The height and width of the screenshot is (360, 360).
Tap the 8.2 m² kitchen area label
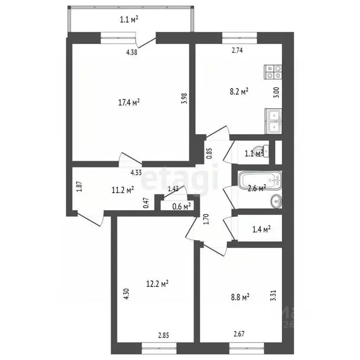click(238, 92)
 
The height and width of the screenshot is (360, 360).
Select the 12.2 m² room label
click(157, 283)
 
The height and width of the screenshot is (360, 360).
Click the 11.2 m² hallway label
click(123, 190)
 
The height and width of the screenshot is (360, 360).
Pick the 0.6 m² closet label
click(181, 206)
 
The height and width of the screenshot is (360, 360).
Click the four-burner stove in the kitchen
click(274, 71)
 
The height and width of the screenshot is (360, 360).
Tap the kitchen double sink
click(273, 120)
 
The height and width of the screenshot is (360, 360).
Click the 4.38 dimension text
click(132, 52)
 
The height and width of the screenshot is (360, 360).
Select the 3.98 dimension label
click(184, 99)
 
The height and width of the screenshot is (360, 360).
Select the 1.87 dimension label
click(79, 187)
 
